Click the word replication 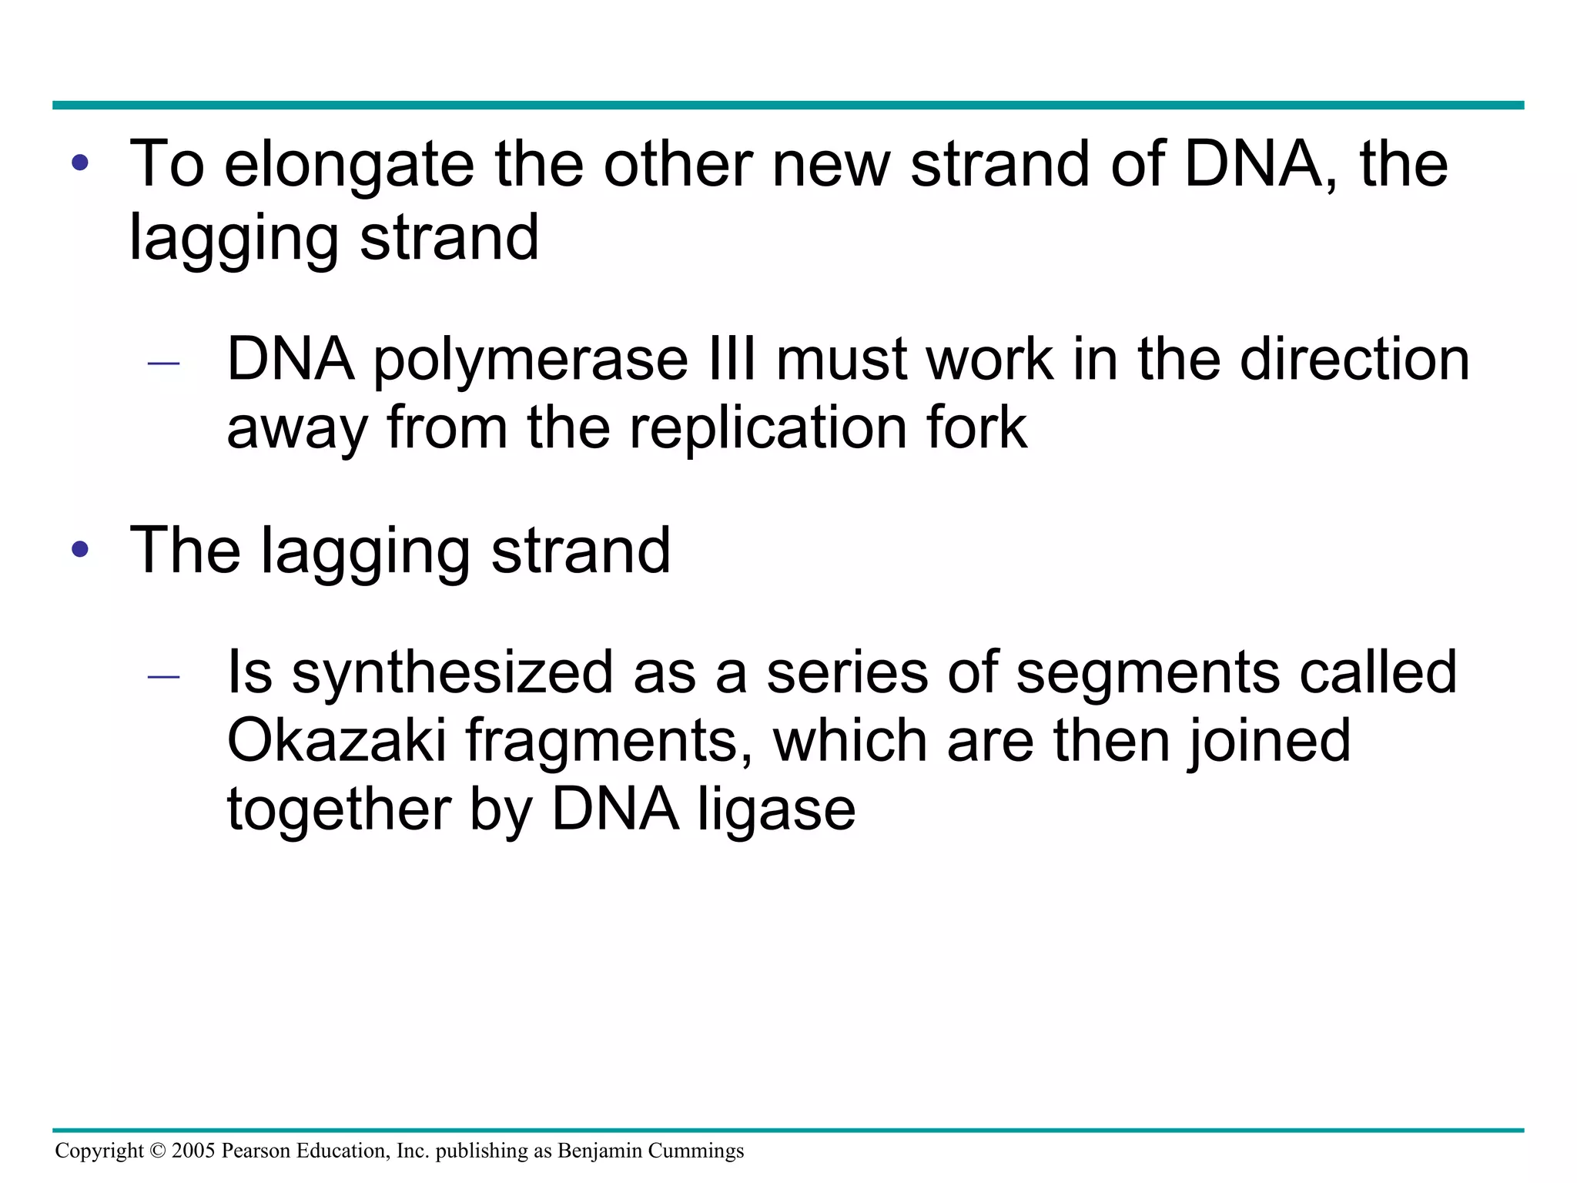(x=768, y=428)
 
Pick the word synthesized (x=452, y=672)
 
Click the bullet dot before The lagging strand (x=80, y=550)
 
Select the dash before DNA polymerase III (x=163, y=364)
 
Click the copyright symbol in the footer (x=158, y=1151)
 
